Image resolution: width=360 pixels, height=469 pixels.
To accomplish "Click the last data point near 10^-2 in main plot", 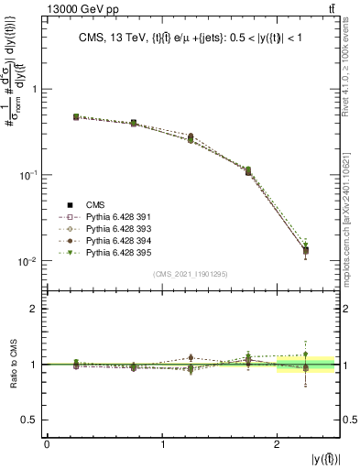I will (306, 250).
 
